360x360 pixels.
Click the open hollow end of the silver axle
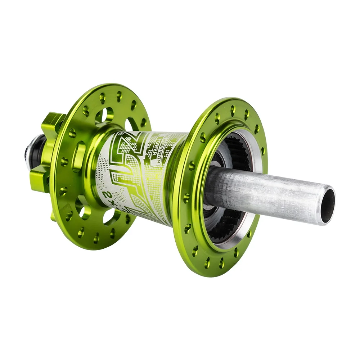[x=327, y=205]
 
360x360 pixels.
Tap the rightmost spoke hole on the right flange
[x=264, y=151]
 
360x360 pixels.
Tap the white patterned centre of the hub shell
[x=133, y=173]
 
